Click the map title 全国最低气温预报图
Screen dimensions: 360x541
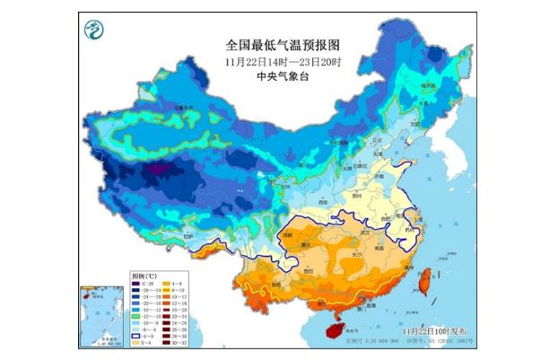tap(282, 44)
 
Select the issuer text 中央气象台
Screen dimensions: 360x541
tap(281, 77)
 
